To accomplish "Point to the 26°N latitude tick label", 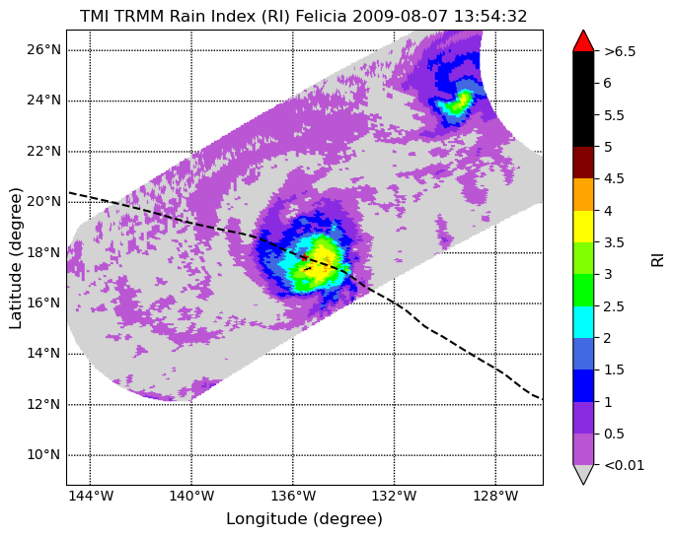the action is [x=43, y=50].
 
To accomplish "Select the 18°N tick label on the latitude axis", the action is [x=43, y=252].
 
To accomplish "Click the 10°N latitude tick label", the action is [x=43, y=454].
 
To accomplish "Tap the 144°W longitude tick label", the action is [x=91, y=496].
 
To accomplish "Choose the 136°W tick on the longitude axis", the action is [x=293, y=496].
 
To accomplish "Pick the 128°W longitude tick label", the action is [x=495, y=496].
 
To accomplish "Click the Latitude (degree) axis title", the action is [x=15, y=258].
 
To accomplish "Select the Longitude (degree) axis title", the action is [x=304, y=519].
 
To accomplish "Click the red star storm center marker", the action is [x=304, y=257].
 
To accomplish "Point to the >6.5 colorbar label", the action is [x=620, y=51].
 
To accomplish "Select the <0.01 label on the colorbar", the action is [x=625, y=465].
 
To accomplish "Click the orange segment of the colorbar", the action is [x=583, y=194].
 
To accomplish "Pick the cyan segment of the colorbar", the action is [x=583, y=321].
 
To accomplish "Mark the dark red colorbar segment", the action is [x=583, y=163].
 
